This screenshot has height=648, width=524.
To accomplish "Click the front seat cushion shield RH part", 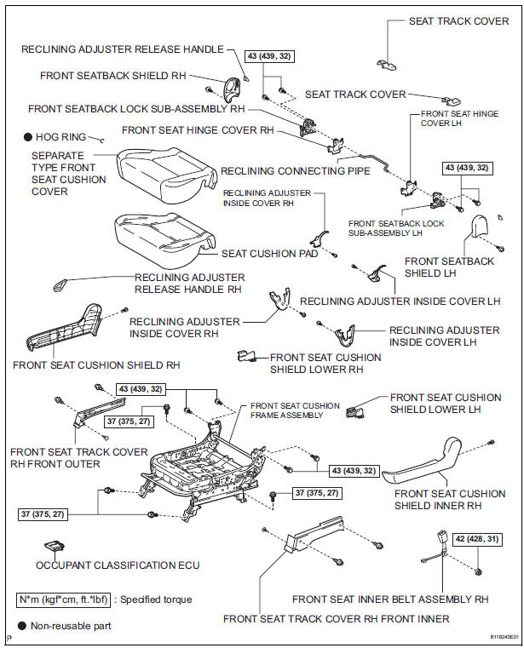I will pyautogui.click(x=68, y=328).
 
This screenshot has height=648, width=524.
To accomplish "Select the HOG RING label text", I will pyautogui.click(x=61, y=136).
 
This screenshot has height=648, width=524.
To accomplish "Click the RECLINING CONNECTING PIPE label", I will pyautogui.click(x=296, y=171).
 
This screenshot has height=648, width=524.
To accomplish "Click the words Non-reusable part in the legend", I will pyautogui.click(x=72, y=626).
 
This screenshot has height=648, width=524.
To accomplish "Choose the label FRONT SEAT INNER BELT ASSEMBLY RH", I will pyautogui.click(x=390, y=598).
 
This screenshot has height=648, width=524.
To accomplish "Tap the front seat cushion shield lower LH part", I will pyautogui.click(x=356, y=413).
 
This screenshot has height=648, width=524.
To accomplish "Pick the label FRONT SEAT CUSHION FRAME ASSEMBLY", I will pyautogui.click(x=294, y=410).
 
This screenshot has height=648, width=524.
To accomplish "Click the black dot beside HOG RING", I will pyautogui.click(x=28, y=136).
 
